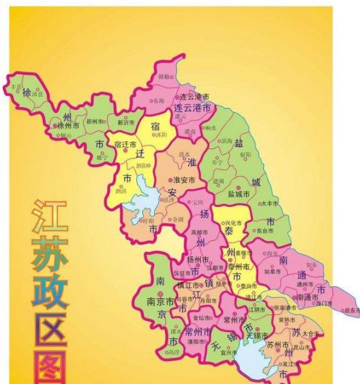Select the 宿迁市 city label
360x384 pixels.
[126, 145]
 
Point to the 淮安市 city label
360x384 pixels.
[185, 180]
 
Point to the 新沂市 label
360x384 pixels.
[126, 121]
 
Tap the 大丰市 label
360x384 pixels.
[270, 203]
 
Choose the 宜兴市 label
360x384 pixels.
[229, 351]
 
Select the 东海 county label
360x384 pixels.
[159, 101]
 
